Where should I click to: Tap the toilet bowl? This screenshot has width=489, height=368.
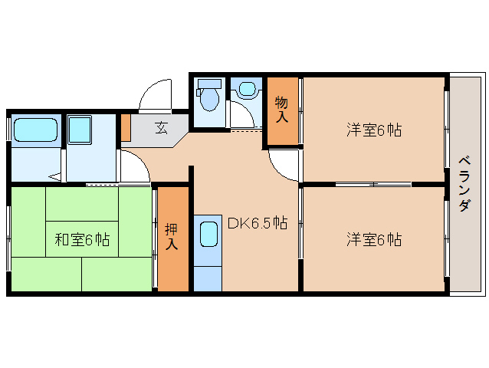point(208,98)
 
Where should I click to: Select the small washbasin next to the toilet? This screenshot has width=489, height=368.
point(247,90)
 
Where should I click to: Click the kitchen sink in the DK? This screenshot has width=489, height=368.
point(208,232)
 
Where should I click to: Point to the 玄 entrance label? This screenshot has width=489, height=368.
point(162,128)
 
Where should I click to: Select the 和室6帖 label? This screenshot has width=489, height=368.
point(81,240)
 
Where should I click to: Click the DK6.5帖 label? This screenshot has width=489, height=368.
point(257,223)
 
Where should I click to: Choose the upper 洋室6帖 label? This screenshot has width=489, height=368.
point(373,130)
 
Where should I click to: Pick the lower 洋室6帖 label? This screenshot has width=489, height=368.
point(373,240)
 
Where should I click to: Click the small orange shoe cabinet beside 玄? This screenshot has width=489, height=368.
point(125,128)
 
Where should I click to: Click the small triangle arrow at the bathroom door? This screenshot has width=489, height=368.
point(55,177)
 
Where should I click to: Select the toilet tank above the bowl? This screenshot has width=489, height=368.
point(208,83)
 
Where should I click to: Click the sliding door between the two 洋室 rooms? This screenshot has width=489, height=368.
point(373,184)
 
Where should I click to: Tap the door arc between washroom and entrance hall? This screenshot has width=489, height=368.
point(135,165)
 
